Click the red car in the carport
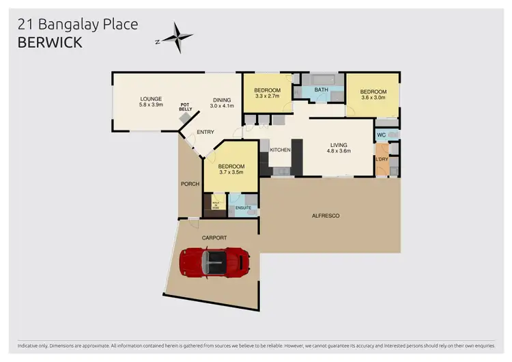215,262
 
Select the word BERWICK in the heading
51,42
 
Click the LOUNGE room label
151,98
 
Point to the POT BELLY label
186,107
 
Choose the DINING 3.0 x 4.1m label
222,102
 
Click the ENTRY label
205,132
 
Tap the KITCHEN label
281,150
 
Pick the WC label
382,135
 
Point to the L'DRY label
382,159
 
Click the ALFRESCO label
326,216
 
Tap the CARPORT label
214,238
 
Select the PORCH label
190,183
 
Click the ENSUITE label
242,208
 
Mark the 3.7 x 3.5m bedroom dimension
231,173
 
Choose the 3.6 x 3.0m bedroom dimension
373,98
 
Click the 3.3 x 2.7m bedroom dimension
267,97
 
